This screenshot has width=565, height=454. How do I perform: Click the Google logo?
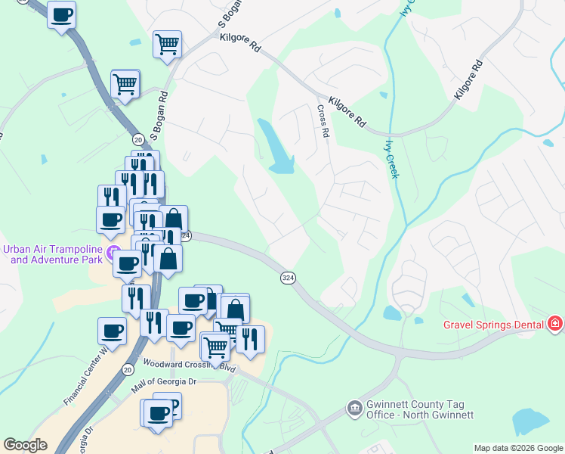(x=26, y=445)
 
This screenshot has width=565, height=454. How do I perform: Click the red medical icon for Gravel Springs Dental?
(x=556, y=324)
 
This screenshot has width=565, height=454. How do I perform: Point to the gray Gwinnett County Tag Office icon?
(x=354, y=409)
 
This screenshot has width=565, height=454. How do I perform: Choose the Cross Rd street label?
(x=323, y=120)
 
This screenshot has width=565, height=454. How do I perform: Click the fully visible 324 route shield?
(x=288, y=278)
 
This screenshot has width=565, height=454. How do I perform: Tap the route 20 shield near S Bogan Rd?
(x=137, y=140)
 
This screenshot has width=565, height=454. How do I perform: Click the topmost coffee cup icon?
(x=61, y=14)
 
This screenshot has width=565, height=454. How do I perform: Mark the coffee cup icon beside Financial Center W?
(x=112, y=330)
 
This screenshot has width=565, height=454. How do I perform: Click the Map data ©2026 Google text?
(x=518, y=448)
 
